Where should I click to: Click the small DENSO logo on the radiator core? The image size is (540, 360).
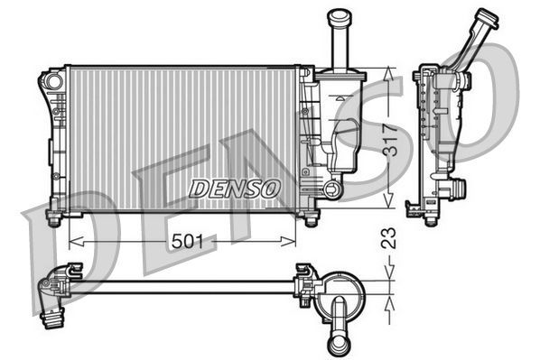pyautogui.click(x=236, y=187)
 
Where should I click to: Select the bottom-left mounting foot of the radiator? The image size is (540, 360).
pyautogui.click(x=53, y=219)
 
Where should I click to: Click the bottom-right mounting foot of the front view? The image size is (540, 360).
pyautogui.click(x=312, y=219)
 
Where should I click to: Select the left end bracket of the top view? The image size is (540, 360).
pyautogui.click(x=56, y=293)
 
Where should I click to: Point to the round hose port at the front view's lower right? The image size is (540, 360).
pyautogui.click(x=332, y=189)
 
